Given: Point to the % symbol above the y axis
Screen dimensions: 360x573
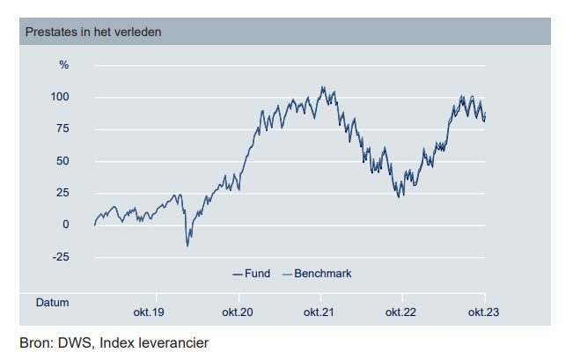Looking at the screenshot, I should coord(63,65).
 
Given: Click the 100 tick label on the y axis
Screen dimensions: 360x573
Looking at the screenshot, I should coord(60,97).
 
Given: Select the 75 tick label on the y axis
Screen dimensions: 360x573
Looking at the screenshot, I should coord(62,129).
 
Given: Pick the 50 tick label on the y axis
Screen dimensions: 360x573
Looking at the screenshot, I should coord(62,161).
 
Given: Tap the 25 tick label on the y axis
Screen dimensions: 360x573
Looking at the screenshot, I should coord(62,193).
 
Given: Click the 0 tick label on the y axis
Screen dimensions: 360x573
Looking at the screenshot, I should coord(66,225).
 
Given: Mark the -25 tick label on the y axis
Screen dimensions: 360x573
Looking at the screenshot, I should coord(60,257).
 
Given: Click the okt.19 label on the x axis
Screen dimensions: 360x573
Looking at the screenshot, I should coord(149,312).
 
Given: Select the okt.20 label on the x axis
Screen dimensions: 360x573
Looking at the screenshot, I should coord(238,312).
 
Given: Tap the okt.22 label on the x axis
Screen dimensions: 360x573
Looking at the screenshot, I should coord(401,312).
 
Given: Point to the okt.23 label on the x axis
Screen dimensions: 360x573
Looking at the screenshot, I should coord(485,312).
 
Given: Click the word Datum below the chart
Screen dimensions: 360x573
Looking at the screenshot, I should coord(52,302).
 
